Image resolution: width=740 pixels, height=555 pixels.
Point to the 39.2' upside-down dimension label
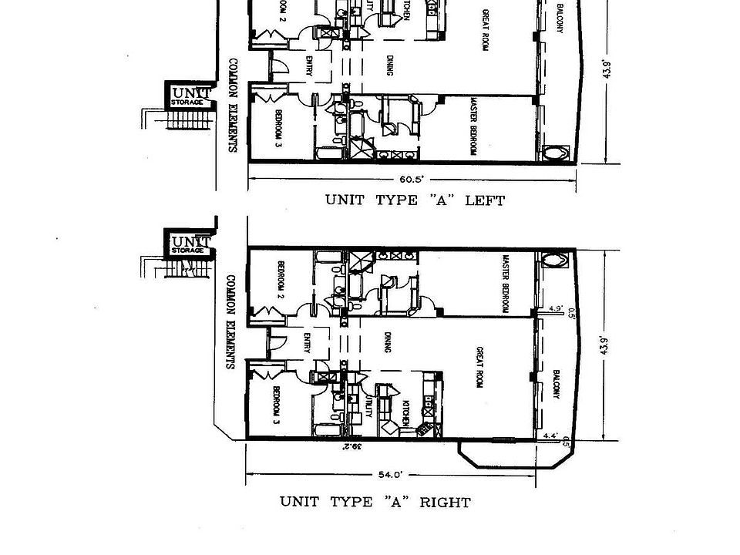pyautogui.click(x=353, y=446)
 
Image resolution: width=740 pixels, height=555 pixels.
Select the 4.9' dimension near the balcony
pyautogui.click(x=553, y=309)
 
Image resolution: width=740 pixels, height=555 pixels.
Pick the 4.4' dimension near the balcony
pyautogui.click(x=550, y=436)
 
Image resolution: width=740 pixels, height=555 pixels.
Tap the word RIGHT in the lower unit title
pyautogui.click(x=445, y=503)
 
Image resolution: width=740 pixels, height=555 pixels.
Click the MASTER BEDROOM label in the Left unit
pyautogui.click(x=474, y=128)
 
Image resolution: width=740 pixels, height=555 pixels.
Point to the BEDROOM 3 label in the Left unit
pyautogui.click(x=276, y=129)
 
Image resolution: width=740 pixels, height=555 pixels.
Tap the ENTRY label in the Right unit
pyautogui.click(x=307, y=343)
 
